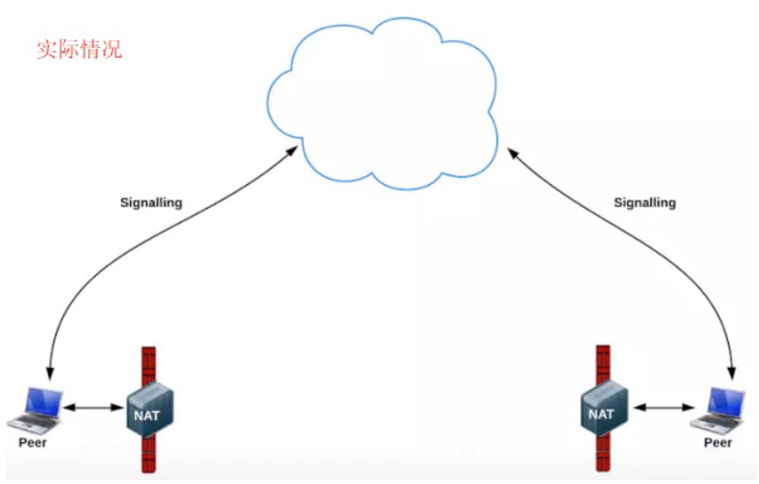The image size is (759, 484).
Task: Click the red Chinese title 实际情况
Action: (78, 49)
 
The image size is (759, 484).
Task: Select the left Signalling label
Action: (151, 203)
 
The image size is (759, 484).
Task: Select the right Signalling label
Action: (645, 203)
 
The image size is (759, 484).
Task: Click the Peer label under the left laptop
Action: (33, 442)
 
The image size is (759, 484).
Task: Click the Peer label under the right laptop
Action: (718, 442)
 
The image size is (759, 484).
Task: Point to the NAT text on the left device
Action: (147, 415)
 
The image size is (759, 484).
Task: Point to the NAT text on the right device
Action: (602, 415)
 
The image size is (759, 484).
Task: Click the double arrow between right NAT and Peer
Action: (663, 408)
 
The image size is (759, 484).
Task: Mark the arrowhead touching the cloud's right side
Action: (511, 151)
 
